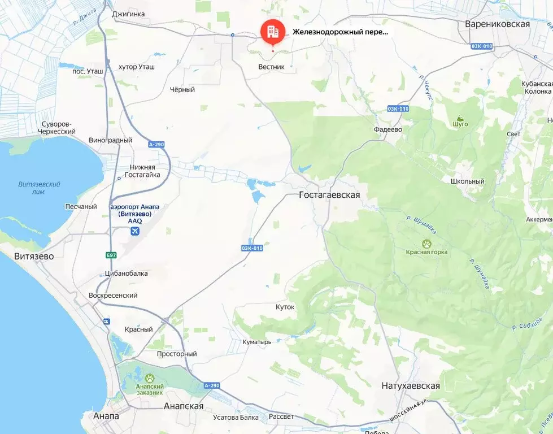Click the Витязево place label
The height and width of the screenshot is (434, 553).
(34, 256)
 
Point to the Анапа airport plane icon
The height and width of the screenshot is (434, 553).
(134, 232)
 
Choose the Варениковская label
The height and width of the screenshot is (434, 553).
(497, 24)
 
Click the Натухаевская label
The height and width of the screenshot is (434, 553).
(411, 386)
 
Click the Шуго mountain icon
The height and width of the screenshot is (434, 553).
(461, 119)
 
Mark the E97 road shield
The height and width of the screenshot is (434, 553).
(111, 255)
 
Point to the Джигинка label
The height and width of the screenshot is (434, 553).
(129, 14)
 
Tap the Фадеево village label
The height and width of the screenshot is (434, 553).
(387, 129)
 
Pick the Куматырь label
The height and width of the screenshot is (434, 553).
(257, 342)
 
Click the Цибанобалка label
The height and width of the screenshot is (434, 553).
(127, 274)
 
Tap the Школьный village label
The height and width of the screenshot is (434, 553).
(467, 181)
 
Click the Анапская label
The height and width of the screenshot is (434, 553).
(183, 406)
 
